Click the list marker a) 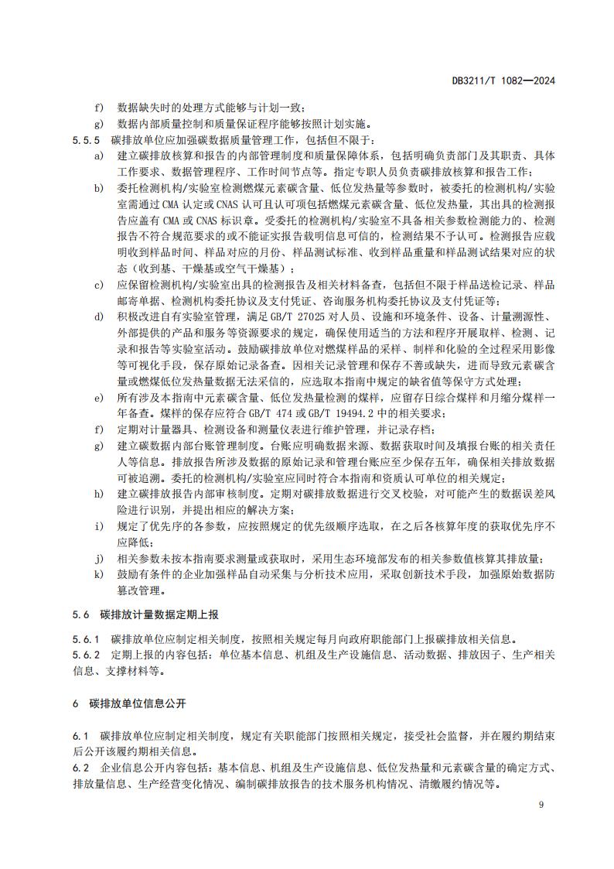[x=98, y=156]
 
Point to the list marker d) [x=98, y=316]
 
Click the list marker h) [x=98, y=494]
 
